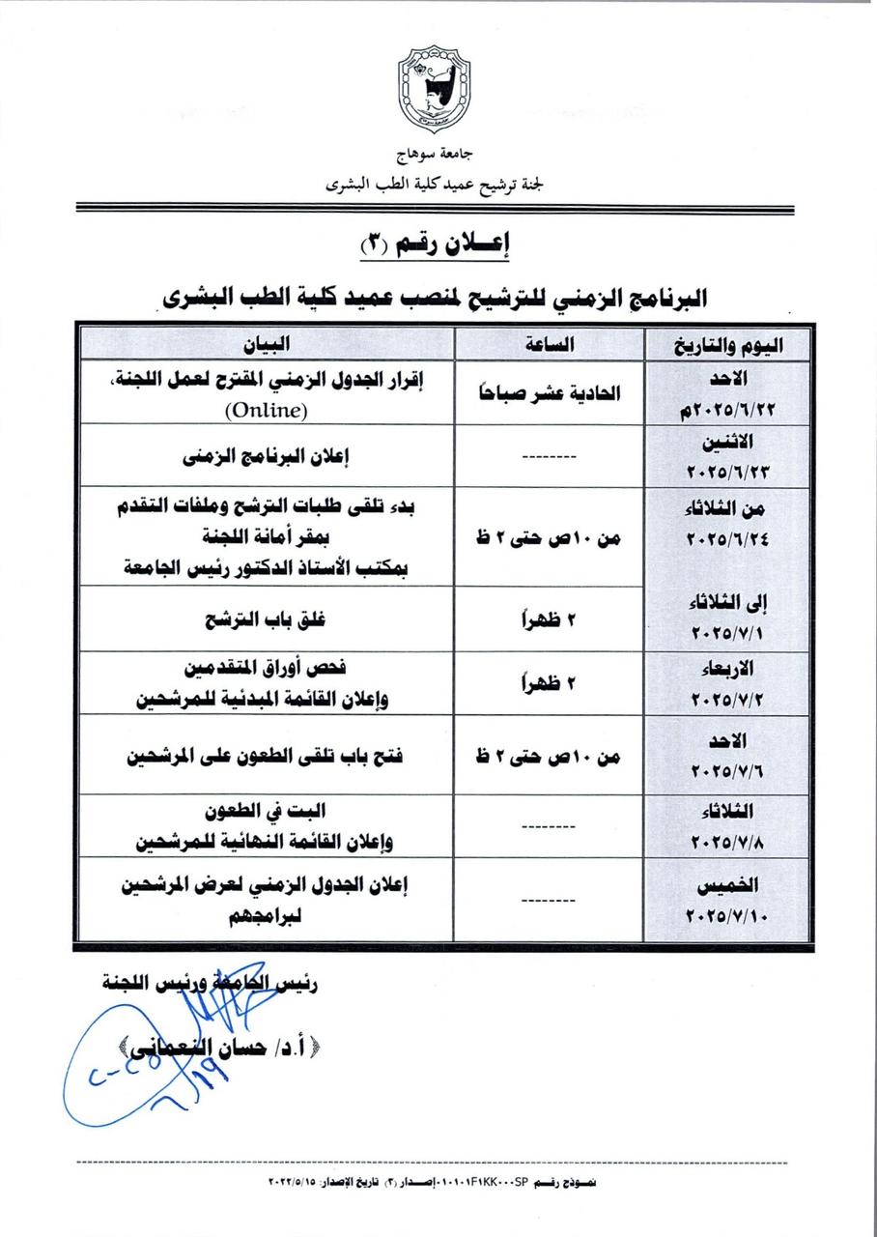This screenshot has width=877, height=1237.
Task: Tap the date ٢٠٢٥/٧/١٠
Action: coord(726,914)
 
